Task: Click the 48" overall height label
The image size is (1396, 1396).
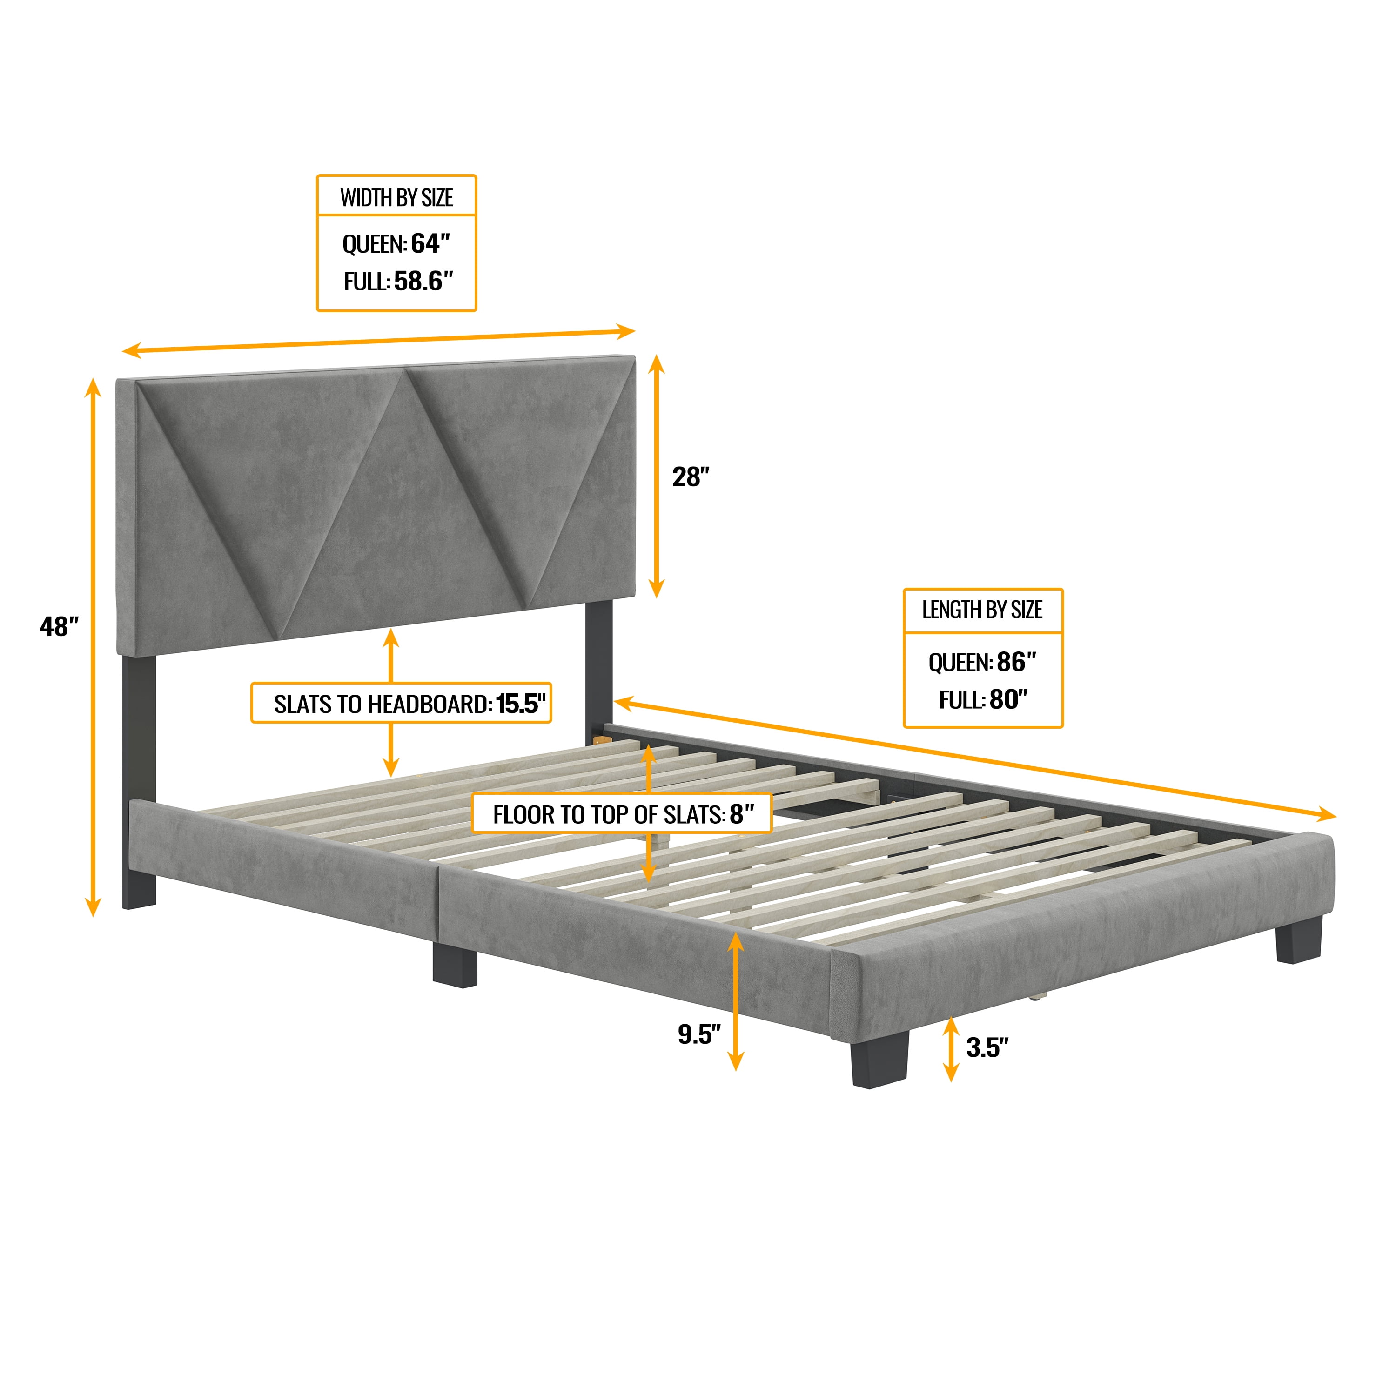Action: (59, 626)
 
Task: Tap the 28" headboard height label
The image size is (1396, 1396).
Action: (691, 477)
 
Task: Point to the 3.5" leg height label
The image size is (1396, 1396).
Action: (987, 1047)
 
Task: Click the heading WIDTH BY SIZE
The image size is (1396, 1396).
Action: (396, 197)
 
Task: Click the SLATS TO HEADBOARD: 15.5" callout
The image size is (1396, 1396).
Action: (401, 703)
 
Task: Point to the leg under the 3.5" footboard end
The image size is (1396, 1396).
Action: (1298, 941)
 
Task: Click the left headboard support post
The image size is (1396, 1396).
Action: (139, 780)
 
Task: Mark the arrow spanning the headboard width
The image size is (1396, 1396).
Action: (379, 341)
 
